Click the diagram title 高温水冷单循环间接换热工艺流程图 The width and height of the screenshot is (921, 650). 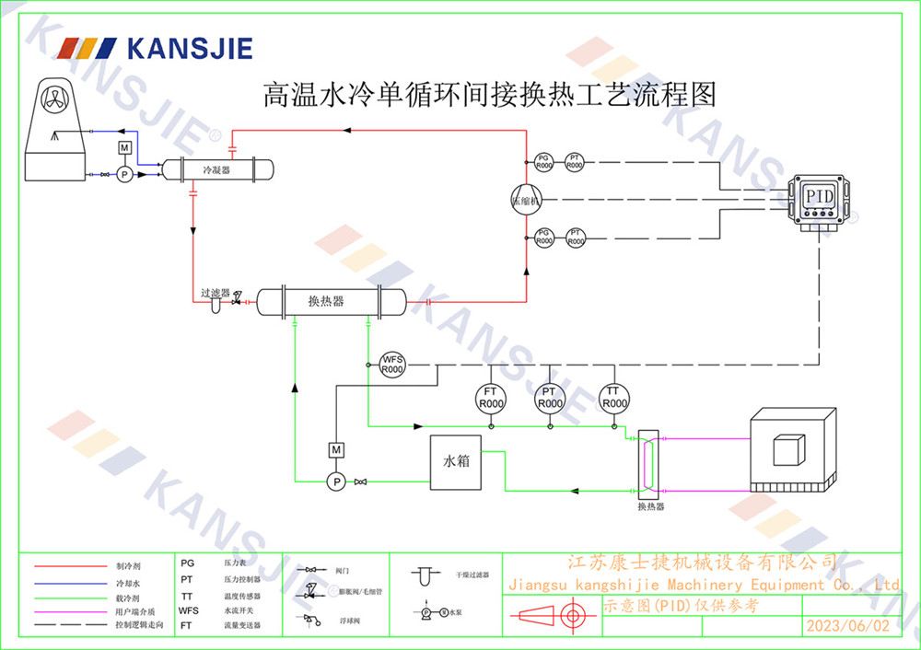coord(489,94)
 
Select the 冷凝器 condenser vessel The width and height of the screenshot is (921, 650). coord(217,170)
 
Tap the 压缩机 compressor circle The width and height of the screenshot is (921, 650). coord(527,200)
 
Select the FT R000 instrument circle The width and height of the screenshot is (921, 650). coord(491,398)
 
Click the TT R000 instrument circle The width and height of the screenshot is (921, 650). coord(614,398)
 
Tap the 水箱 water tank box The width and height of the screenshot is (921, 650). coord(457,461)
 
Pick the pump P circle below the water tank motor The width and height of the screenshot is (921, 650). coord(336,481)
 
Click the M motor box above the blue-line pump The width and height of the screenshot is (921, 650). coord(124,148)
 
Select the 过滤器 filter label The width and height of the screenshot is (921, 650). coord(215,293)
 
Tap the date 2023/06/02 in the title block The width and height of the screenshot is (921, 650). coord(848,626)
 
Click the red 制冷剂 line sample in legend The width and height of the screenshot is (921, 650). coord(72,566)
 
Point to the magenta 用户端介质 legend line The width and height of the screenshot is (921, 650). coord(72,611)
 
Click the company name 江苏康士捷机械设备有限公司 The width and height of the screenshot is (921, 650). coord(702,562)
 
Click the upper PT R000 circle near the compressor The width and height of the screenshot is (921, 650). coord(575,161)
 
